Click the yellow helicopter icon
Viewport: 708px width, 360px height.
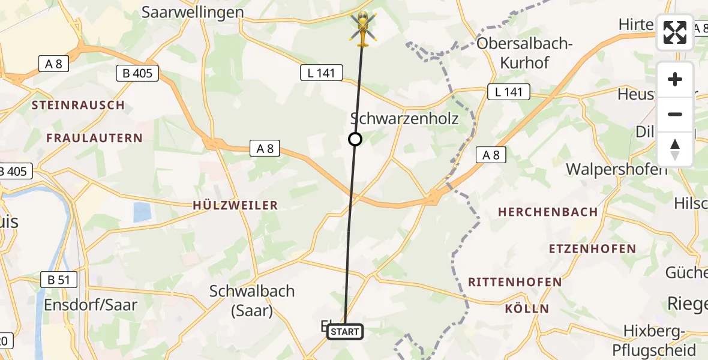pos(362,28)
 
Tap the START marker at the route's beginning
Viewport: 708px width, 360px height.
pos(344,331)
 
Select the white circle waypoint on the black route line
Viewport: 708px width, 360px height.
pos(355,139)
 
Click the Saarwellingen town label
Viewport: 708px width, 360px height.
pos(193,12)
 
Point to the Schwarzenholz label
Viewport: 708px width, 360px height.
pos(404,118)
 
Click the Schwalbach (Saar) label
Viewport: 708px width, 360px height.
pos(252,301)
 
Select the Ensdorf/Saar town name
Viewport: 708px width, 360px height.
pos(91,304)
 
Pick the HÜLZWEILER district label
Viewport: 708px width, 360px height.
pos(235,205)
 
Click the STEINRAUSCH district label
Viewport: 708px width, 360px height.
pos(78,105)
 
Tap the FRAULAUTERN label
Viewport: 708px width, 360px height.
pos(95,138)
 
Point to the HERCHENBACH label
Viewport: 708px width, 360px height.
pos(548,212)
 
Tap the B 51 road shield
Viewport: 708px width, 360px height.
pos(58,279)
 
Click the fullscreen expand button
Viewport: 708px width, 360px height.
pos(675,32)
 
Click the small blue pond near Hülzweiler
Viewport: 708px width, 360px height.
pos(142,212)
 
